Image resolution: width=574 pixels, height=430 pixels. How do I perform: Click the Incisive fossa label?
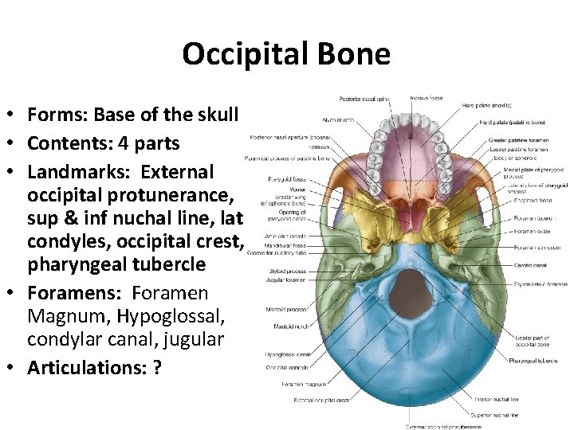pyautogui.click(x=427, y=98)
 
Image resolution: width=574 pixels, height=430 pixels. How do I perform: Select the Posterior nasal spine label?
pyautogui.click(x=364, y=99)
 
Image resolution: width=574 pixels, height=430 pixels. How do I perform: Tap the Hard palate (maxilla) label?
pyautogui.click(x=487, y=105)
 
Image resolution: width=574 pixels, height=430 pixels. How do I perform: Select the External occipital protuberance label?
pyautogui.click(x=443, y=427)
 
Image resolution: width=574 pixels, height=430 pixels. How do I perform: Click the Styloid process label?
pyautogui.click(x=285, y=270)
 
